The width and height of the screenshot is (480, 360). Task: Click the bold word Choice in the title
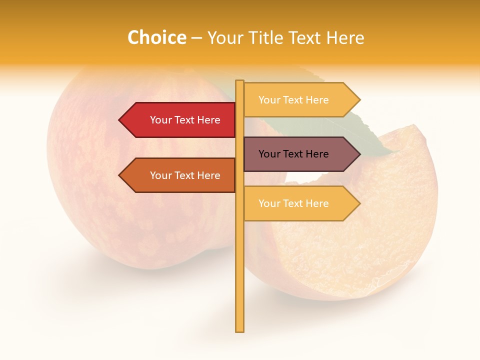[x=156, y=37]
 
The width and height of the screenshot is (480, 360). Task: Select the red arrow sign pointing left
[x=180, y=120]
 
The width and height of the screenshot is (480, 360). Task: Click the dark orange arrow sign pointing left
[x=180, y=175]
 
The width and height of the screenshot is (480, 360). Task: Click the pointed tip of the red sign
[x=120, y=120]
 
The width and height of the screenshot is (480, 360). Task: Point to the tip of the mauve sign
[x=359, y=154]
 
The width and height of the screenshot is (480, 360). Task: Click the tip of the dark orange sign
[x=120, y=175]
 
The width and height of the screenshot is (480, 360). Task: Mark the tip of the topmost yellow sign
[x=359, y=99]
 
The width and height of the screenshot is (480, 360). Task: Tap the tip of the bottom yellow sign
[x=359, y=203]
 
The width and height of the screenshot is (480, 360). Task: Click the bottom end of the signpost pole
[x=239, y=330]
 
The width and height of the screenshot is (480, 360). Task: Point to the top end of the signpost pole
[x=239, y=82]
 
